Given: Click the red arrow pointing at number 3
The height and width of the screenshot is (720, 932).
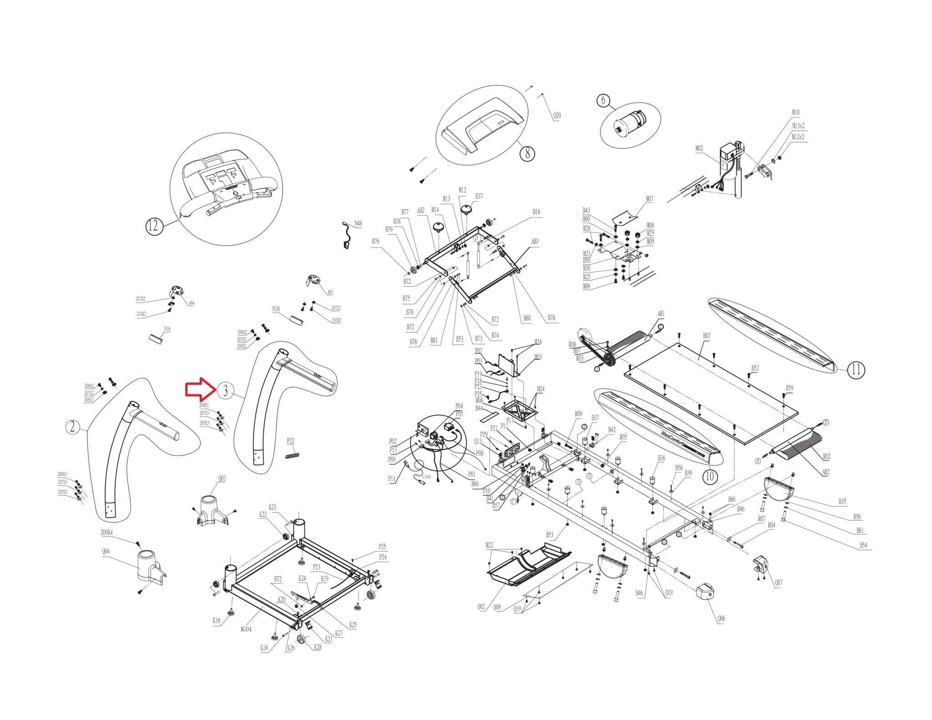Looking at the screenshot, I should (199, 390).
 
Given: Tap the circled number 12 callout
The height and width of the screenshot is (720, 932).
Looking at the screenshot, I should (154, 226).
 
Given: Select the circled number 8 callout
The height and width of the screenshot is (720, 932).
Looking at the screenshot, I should (527, 153).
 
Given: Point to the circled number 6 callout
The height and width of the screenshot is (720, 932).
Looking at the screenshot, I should (603, 100).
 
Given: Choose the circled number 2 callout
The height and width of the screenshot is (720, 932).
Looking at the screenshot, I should (72, 427).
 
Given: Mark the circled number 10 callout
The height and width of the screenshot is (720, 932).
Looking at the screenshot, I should (710, 476).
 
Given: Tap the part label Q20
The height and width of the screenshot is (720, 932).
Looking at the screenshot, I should (557, 116).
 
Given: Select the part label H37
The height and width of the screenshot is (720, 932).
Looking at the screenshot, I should (479, 196).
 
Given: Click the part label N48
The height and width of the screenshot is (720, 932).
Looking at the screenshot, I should (359, 223).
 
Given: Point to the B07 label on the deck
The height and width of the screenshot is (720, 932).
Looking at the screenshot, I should (706, 336).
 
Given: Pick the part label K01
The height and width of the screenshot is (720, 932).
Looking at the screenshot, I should (246, 629).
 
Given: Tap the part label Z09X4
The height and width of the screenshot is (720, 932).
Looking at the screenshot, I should (106, 533).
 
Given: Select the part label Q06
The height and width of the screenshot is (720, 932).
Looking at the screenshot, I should (721, 619).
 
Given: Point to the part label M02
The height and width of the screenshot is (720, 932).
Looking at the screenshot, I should (699, 148).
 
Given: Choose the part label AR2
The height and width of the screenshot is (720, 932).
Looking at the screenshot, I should (826, 473).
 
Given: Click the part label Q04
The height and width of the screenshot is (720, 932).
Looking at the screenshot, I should (106, 552).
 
